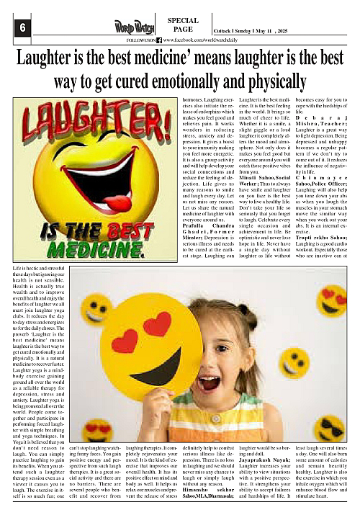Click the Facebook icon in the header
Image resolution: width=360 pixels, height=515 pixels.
[159, 41]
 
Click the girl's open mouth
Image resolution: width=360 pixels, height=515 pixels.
[210, 381]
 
